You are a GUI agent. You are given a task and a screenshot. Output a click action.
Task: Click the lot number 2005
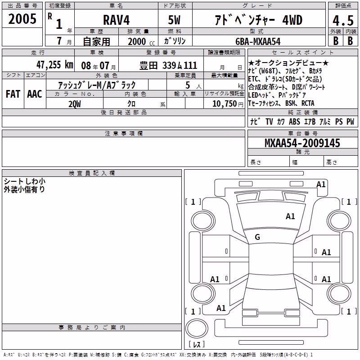tap(22, 19)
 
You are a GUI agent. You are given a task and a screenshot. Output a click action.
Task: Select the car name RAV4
tap(116, 20)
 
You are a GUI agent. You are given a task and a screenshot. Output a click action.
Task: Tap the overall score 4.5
tap(343, 20)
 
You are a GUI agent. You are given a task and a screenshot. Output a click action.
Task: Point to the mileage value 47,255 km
tap(54, 65)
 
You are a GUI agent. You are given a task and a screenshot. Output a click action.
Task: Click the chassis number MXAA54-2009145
tap(302, 143)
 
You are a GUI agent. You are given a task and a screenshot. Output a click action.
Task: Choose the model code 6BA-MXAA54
tap(258, 41)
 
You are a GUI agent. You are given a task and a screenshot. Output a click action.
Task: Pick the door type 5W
tap(174, 20)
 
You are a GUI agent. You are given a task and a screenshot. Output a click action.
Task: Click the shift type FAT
tap(13, 94)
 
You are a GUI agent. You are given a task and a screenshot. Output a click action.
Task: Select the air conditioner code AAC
tap(35, 94)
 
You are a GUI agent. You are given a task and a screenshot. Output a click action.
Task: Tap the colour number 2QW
tap(75, 104)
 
